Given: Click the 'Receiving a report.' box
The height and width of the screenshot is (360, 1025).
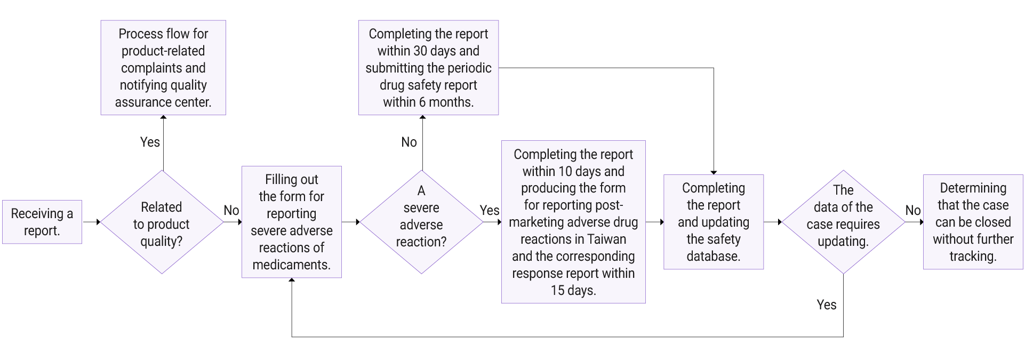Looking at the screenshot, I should point(42,222).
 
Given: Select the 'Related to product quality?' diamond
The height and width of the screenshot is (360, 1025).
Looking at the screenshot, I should point(162,222).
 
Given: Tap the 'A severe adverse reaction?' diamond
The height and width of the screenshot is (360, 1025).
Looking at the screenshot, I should point(421,222).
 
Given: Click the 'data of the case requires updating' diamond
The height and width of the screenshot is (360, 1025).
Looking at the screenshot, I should point(843,222).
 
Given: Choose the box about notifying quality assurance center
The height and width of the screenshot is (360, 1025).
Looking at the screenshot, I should point(163,68).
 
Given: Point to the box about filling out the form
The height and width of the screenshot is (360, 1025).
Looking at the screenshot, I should point(292,222).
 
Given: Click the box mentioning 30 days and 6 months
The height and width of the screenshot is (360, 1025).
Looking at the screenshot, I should point(428,68).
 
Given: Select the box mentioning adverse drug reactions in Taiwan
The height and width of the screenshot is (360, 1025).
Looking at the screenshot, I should point(573,222).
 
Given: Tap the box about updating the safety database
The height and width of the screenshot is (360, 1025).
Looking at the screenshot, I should point(714,222).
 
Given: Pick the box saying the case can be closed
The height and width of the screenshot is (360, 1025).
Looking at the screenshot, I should point(973,222).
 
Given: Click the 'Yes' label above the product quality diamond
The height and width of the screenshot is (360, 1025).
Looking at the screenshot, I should point(150,142).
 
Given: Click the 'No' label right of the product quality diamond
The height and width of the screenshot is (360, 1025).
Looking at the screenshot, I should point(231,210).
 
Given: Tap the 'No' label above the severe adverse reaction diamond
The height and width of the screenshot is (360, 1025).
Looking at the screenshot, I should point(409,142).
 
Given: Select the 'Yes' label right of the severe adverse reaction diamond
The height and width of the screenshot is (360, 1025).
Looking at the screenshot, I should point(489,210).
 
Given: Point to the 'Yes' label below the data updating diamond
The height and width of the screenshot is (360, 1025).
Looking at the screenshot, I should point(827,305).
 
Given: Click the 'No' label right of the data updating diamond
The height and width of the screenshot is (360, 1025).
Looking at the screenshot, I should point(913,210).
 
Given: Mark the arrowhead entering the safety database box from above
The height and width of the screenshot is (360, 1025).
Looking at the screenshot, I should point(714,172).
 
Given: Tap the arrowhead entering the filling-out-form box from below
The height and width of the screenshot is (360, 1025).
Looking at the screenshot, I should point(292,281).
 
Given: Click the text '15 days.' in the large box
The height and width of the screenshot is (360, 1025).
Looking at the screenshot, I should point(573,290).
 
